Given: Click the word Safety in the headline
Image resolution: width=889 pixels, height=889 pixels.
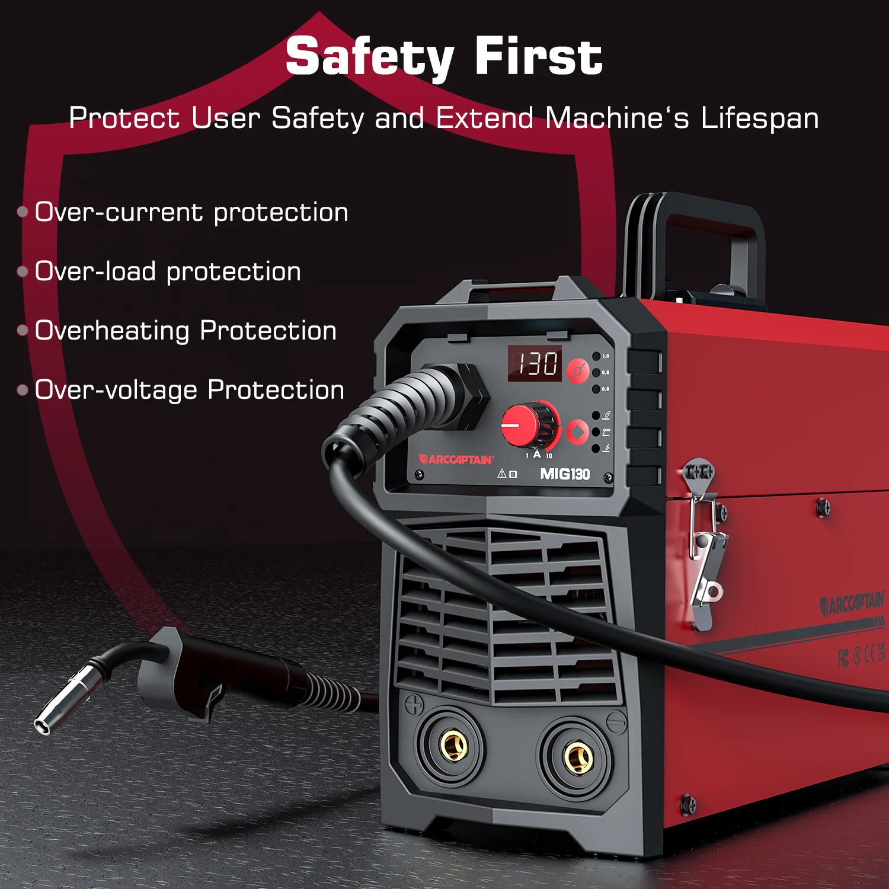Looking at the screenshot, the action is click(370, 57).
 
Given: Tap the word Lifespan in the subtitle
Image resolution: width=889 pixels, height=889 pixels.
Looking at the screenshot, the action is click(760, 119).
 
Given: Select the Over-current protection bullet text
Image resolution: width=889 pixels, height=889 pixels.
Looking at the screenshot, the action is click(191, 213).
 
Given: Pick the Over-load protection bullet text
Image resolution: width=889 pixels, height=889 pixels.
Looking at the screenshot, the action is click(168, 272).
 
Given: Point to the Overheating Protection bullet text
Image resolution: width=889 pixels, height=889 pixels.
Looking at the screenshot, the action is click(186, 331).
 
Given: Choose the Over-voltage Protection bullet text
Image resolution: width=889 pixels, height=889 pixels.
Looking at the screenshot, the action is click(190, 391).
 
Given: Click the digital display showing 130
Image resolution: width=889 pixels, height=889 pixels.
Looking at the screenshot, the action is click(535, 363).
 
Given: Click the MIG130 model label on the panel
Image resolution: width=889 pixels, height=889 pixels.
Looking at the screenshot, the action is click(565, 474).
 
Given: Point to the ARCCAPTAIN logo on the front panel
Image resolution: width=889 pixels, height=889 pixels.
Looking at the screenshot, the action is click(456, 459).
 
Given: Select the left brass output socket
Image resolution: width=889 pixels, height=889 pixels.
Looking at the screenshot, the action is click(453, 744).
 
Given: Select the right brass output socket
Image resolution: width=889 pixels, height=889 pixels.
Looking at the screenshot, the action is click(578, 757).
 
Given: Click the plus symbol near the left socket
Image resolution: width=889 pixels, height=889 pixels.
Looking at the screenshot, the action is click(414, 704).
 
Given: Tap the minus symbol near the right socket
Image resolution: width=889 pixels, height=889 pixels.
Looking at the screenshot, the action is click(617, 722).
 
